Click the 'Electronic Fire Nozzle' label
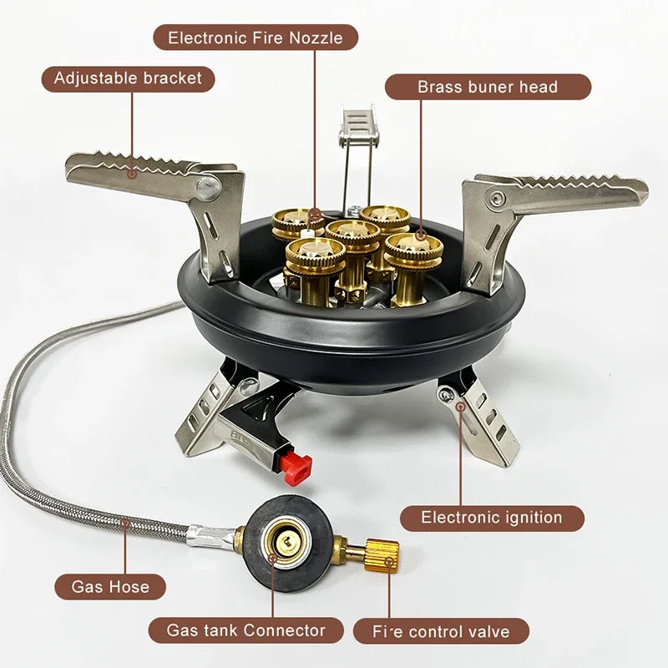(256, 38)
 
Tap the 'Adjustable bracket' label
(128, 78)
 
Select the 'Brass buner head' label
(488, 87)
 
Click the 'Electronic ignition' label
(491, 518)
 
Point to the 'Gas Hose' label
(110, 586)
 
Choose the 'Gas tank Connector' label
(245, 630)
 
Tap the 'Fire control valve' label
(441, 631)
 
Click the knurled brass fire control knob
(382, 552)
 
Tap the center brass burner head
(352, 236)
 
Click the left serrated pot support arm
(134, 171)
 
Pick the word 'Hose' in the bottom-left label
(133, 586)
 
